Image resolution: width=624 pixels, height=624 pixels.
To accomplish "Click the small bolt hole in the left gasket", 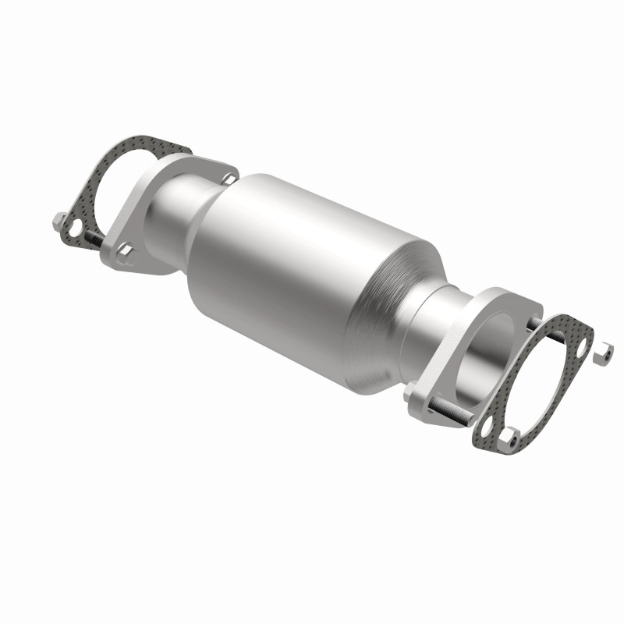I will [x=73, y=229].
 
